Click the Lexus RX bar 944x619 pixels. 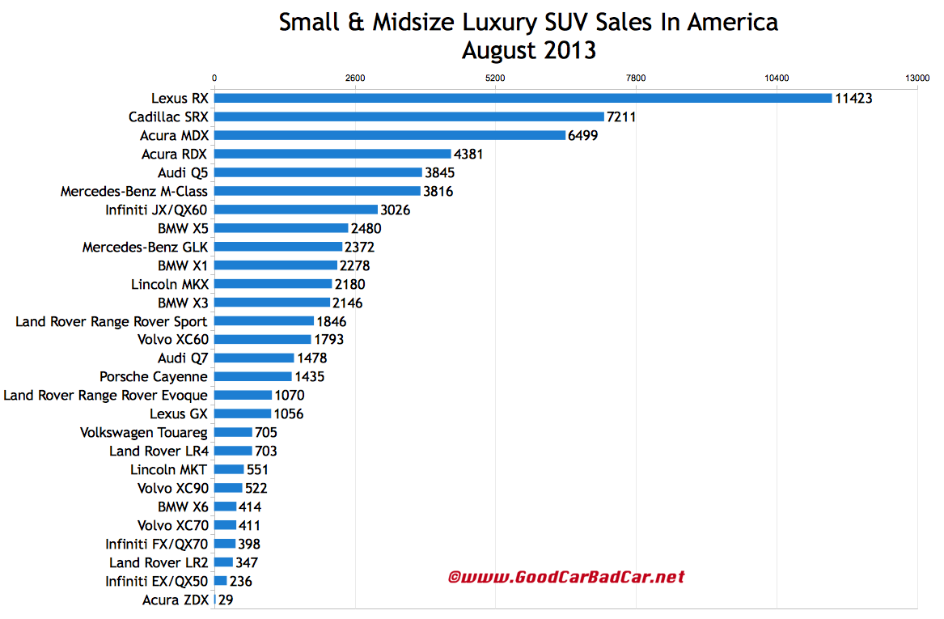click(523, 98)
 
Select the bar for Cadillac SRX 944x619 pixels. click(409, 117)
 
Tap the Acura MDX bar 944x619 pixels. click(390, 135)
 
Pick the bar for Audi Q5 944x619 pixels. click(318, 172)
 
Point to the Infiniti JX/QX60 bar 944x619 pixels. click(296, 210)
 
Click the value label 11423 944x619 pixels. click(853, 98)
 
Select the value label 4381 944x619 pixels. click(468, 154)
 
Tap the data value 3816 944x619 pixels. click(438, 191)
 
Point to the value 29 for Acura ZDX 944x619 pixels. click(226, 600)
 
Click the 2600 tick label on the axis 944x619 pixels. click(355, 78)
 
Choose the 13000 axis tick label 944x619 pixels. click(917, 78)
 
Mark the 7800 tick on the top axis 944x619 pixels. click(636, 78)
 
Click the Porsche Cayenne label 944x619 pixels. click(154, 376)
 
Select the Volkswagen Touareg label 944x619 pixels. click(144, 432)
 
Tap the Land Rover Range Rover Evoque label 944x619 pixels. click(106, 395)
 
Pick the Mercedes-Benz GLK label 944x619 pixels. click(145, 247)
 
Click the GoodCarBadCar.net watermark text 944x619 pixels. click(566, 577)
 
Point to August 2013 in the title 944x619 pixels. click(528, 50)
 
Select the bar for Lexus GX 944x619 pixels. click(243, 413)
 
